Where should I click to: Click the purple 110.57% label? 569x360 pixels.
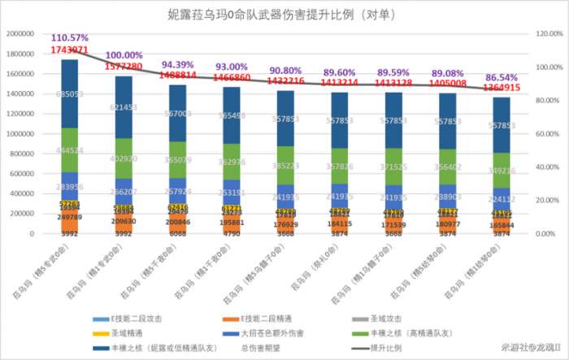pos(71,38)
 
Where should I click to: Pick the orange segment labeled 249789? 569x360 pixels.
pos(70,218)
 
